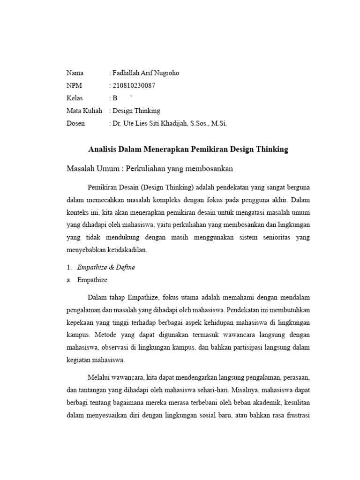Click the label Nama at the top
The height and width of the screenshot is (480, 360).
pos(75,73)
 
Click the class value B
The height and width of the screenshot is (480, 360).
pos(114,98)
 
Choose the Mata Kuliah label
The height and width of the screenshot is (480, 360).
pos(84,111)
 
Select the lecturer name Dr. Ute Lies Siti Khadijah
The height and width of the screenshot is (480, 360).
pos(155,124)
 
